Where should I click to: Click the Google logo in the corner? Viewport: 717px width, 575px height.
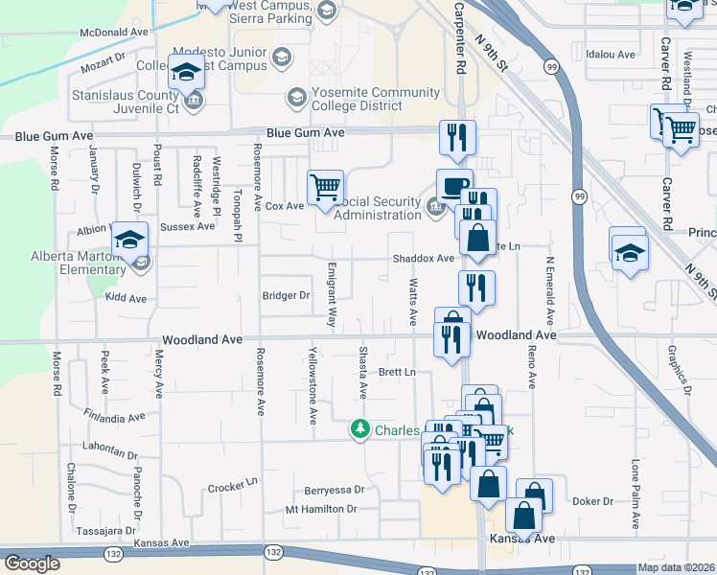pos(32,563)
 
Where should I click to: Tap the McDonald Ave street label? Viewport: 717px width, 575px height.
pos(114,32)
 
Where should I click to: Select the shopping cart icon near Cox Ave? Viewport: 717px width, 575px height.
pos(325,188)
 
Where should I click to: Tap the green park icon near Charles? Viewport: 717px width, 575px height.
pos(360,430)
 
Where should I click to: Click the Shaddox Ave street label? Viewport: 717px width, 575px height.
pos(423,259)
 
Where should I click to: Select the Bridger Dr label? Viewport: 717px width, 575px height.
pos(286,296)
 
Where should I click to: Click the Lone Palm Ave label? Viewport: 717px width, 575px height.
pos(635,494)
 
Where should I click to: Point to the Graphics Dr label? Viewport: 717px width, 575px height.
pos(680,370)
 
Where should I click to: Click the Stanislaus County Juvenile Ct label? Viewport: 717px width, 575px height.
pos(126,103)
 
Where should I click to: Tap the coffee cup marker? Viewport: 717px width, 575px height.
pos(454,185)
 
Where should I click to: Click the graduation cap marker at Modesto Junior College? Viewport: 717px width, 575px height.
pos(185,73)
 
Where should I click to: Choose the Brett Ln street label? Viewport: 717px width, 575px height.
pos(398,372)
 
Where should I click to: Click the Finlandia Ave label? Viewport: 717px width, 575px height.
pos(114,417)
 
